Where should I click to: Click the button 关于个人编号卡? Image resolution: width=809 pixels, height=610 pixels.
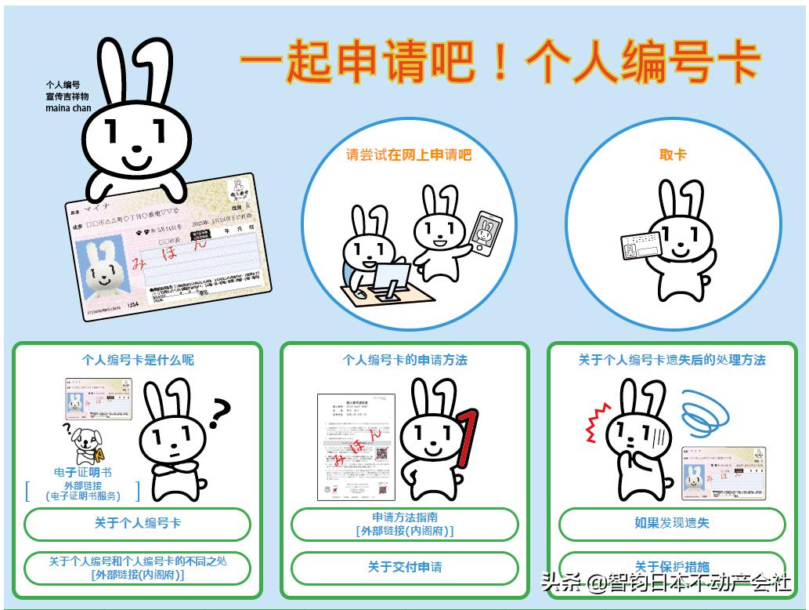137,523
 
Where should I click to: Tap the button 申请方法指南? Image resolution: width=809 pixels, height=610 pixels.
404,524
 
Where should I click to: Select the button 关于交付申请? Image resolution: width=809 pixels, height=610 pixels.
404,567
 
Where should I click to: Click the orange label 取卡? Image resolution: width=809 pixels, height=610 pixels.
673,155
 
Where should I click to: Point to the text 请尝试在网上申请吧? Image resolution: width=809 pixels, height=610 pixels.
409,155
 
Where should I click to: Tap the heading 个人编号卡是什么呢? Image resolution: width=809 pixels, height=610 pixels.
137,360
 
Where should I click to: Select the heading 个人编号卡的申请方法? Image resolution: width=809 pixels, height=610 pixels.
404,360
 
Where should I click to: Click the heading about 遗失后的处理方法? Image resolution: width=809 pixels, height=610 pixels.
672,360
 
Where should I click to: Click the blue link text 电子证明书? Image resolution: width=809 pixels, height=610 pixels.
82,472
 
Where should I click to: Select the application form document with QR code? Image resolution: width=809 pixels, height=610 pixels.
354,447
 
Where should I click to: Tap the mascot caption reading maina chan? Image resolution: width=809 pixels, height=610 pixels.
68,107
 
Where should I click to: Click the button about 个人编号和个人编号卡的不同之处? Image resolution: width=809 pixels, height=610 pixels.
137,567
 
